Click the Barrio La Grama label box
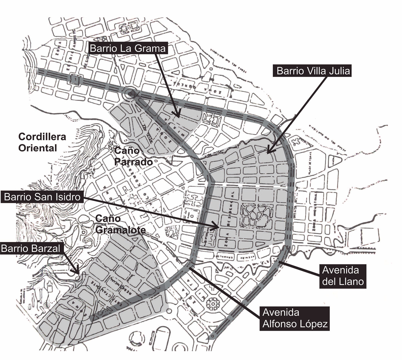127,48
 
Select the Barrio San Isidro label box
42,196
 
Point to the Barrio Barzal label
31,248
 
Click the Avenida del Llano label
343,276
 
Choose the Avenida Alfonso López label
295,318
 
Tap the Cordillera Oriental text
42,142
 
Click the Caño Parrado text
133,156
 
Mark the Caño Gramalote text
120,224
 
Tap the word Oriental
38,148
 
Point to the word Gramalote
120,230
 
